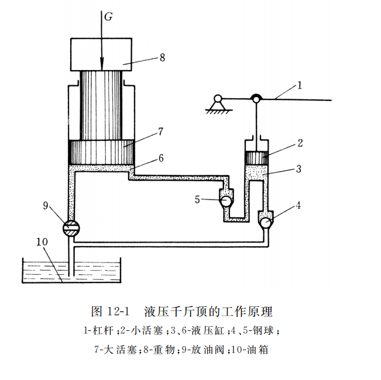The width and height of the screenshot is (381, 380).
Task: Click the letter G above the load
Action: coord(108,17)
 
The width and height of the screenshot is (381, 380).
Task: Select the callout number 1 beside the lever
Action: coord(299,85)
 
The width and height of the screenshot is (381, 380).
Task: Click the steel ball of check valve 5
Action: coord(225,200)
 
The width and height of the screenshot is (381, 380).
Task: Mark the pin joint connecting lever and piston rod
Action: coord(256,99)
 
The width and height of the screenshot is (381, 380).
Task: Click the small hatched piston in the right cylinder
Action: coord(256,158)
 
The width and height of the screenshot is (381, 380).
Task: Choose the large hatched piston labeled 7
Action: coord(102,152)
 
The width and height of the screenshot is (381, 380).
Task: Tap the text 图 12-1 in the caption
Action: coord(111,310)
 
